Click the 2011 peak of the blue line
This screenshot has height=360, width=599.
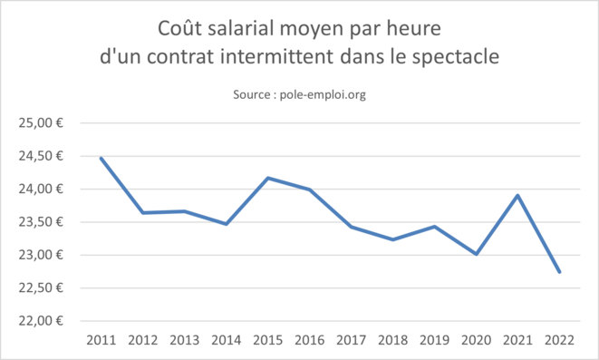(x=101, y=158)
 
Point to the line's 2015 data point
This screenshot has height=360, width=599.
(x=267, y=178)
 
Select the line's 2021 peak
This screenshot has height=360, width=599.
(x=517, y=195)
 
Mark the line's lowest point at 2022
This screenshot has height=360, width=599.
(x=558, y=272)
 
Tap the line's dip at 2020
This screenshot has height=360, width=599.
(x=475, y=254)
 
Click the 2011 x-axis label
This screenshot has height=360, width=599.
(x=101, y=339)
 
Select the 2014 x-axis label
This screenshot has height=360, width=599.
(x=226, y=339)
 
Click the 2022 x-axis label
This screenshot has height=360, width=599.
(x=558, y=339)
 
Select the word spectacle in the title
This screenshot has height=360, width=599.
(x=456, y=55)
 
